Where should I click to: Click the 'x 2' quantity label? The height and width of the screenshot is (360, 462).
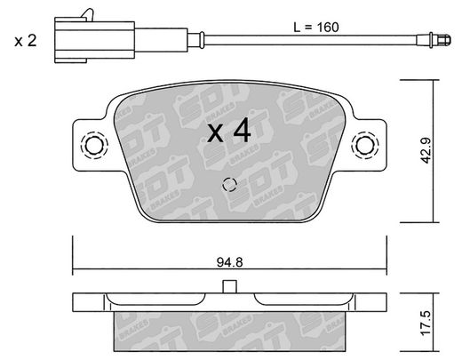point(26,41)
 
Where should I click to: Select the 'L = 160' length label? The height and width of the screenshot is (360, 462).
point(316,28)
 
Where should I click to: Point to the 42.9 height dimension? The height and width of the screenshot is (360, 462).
point(426,150)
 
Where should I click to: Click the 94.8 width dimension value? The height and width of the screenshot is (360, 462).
point(229,262)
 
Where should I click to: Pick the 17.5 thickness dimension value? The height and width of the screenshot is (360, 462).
point(426,323)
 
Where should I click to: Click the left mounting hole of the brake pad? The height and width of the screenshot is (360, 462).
point(94,145)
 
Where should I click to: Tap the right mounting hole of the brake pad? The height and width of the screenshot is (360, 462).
point(365,145)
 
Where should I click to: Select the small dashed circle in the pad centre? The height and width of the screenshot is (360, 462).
point(229,185)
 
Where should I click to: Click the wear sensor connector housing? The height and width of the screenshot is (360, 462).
point(95,40)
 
